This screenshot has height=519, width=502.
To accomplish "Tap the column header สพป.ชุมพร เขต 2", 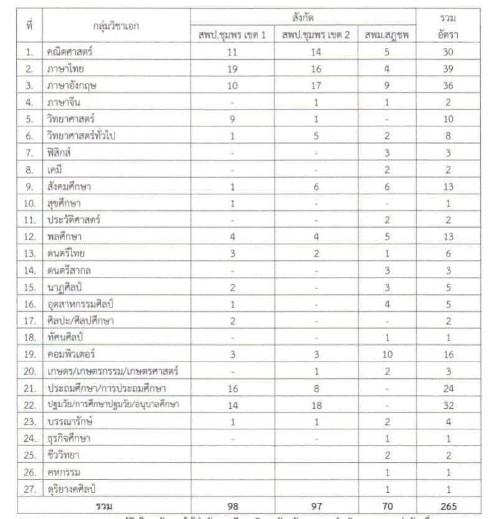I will [x=315, y=35].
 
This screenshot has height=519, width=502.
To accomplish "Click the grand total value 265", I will [x=448, y=505].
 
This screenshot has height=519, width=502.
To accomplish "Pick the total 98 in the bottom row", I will [x=231, y=505].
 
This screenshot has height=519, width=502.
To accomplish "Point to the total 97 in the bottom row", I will [x=315, y=505].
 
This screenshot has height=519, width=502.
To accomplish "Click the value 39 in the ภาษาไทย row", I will [x=448, y=68].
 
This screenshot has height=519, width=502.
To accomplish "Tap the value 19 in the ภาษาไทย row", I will [x=231, y=68].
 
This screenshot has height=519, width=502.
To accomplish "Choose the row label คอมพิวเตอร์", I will [x=69, y=355].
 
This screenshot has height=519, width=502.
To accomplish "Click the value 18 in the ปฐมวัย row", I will [x=315, y=405].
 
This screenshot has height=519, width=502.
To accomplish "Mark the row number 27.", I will [x=29, y=489].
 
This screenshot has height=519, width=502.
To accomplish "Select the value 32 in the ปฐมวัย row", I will [x=448, y=405].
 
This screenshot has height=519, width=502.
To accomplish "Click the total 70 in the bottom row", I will [x=387, y=505].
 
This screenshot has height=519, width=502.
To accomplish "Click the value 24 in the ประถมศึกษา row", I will [x=448, y=388].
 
